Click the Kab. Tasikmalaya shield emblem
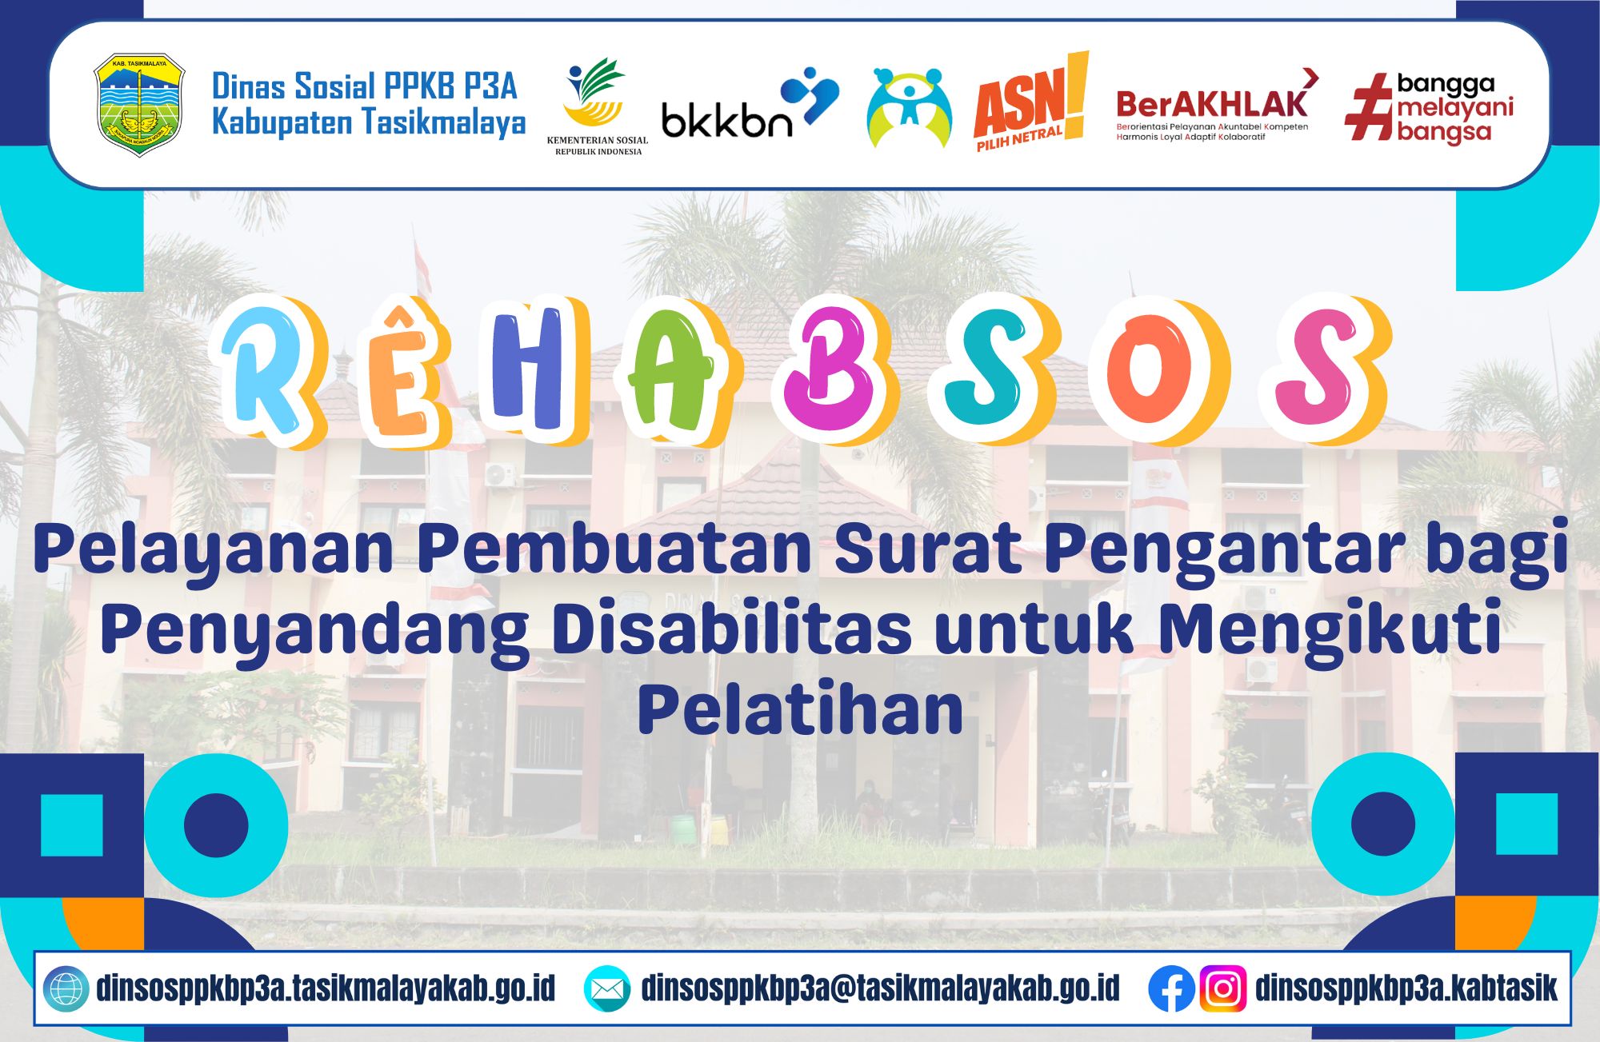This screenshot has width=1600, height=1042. (139, 105)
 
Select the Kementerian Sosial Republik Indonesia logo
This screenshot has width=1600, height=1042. (597, 106)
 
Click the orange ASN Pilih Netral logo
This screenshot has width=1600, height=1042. (1031, 102)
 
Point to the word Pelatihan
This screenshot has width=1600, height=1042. (800, 709)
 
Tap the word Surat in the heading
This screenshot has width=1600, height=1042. (928, 549)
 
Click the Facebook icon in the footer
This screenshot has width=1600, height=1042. (1171, 988)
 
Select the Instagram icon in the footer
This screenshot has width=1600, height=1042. (1222, 988)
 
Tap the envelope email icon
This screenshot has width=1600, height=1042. (607, 989)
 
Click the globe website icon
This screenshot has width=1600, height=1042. (66, 989)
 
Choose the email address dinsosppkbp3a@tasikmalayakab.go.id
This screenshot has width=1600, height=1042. (880, 989)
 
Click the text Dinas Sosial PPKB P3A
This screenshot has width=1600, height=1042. (365, 86)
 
